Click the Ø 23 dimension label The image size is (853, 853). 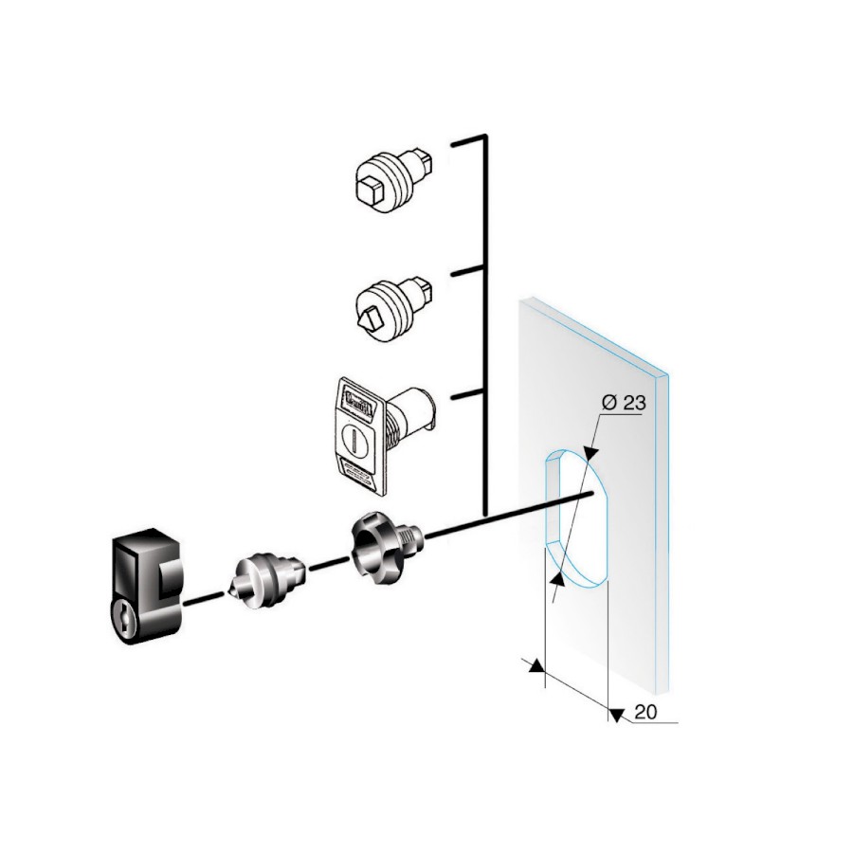(624, 403)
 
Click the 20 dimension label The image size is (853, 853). (645, 712)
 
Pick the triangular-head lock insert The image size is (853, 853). (395, 307)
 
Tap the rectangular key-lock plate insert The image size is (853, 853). (381, 434)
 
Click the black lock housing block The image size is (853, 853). (146, 586)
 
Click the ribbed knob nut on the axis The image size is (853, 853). (387, 543)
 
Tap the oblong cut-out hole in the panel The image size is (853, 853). (576, 518)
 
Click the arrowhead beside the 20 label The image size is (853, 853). (616, 715)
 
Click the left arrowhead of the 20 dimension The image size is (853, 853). (537, 665)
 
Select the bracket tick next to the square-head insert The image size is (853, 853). (467, 141)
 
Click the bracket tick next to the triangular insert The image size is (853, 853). (467, 271)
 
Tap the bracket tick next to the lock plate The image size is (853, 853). (467, 394)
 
